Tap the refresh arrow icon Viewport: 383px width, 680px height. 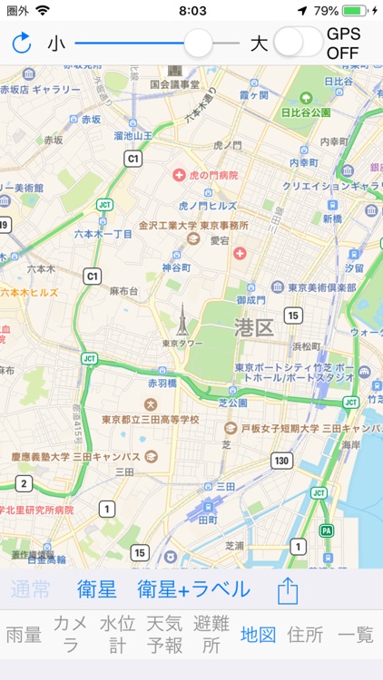coord(22,43)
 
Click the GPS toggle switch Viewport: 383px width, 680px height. coord(299,43)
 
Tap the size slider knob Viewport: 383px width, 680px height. coord(198,43)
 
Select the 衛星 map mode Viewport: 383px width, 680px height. coord(97,589)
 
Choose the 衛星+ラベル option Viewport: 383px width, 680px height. coord(193,589)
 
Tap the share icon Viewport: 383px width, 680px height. coord(287,590)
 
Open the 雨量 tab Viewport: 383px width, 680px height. coord(24,635)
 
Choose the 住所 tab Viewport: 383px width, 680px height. coord(305,635)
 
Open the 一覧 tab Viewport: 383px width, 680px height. coord(356,635)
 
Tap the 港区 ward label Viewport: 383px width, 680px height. coord(253,327)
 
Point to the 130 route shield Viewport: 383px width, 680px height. coord(282,461)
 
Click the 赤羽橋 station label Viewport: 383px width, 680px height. coord(164,384)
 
